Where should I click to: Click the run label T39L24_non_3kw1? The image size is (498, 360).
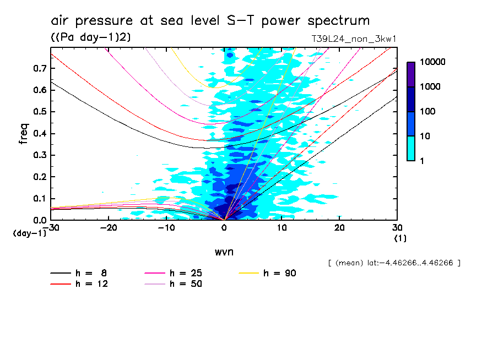(x=354, y=39)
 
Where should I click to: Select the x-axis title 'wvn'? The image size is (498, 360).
(x=224, y=252)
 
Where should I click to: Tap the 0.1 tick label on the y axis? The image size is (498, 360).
(x=39, y=198)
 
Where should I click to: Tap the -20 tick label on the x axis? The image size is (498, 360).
(x=109, y=228)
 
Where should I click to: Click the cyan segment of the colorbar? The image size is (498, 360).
(x=411, y=148)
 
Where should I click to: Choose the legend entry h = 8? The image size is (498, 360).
(x=85, y=273)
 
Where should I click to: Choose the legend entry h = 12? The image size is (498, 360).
(x=85, y=284)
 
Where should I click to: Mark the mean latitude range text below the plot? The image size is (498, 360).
(x=393, y=263)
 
